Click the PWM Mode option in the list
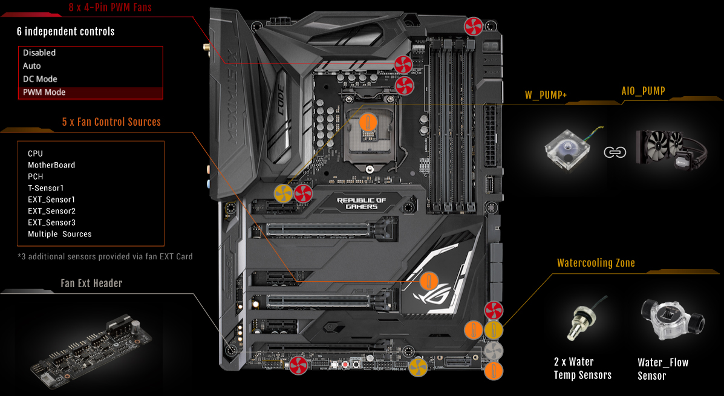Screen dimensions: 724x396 click(44, 93)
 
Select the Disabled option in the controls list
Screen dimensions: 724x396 click(39, 53)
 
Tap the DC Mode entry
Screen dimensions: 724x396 click(40, 79)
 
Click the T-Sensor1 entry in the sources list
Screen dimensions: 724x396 click(46, 188)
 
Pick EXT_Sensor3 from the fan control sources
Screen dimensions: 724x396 click(52, 222)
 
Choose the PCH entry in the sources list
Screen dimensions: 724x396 click(36, 177)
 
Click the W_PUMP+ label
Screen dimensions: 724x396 click(546, 95)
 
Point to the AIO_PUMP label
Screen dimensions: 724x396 click(643, 91)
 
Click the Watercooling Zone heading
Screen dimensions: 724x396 click(596, 263)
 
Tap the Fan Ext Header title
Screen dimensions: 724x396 click(91, 284)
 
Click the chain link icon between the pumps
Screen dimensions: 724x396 click(615, 152)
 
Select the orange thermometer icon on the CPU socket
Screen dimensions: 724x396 click(368, 122)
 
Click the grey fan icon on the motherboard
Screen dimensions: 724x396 click(493, 351)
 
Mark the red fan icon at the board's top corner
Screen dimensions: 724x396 click(473, 27)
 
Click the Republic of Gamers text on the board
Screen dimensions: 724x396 click(361, 204)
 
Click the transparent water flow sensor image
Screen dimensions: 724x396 click(672, 318)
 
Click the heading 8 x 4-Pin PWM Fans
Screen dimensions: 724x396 click(110, 7)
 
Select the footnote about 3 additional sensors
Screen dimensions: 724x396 click(105, 256)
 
